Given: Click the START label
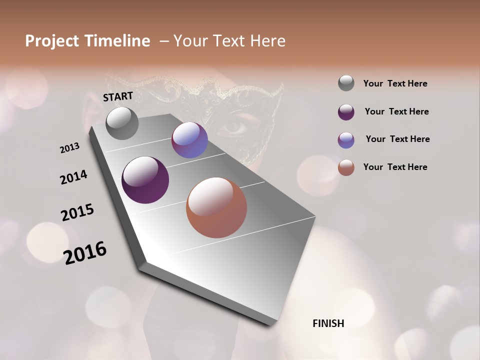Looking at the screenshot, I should pyautogui.click(x=118, y=96).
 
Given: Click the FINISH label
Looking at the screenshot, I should pyautogui.click(x=328, y=323).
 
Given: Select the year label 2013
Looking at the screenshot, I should pyautogui.click(x=70, y=148).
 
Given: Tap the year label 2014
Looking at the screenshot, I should pyautogui.click(x=74, y=177).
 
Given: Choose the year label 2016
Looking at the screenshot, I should pyautogui.click(x=85, y=252).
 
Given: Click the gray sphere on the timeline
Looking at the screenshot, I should pyautogui.click(x=122, y=123).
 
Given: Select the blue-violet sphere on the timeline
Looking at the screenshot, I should pyautogui.click(x=189, y=140).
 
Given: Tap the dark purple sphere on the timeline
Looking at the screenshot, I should pyautogui.click(x=145, y=180).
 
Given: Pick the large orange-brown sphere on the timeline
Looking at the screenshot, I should pyautogui.click(x=216, y=207).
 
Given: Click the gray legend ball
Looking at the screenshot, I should pyautogui.click(x=346, y=83).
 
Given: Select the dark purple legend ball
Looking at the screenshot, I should pyautogui.click(x=346, y=111).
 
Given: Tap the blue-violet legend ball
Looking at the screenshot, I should pyautogui.click(x=346, y=139).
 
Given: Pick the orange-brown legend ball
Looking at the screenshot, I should pyautogui.click(x=346, y=167).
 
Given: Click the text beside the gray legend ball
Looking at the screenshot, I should pyautogui.click(x=395, y=83).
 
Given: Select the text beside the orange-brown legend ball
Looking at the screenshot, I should pyautogui.click(x=395, y=167).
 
